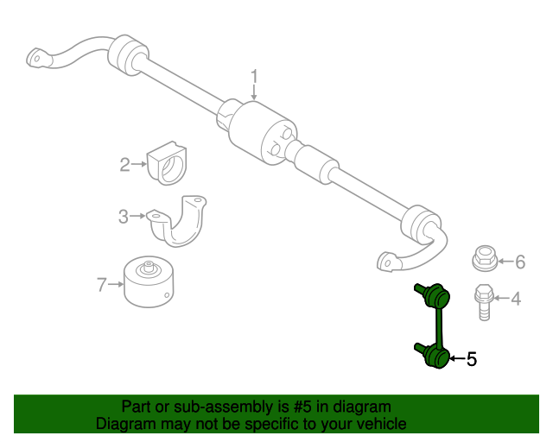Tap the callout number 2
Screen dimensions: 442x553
click(x=124, y=164)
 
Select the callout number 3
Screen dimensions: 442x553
click(x=124, y=216)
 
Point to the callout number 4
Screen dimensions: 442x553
click(x=516, y=300)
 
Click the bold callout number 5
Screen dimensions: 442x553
click(x=471, y=359)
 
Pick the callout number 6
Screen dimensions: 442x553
click(x=520, y=261)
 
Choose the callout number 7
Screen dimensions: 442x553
click(x=101, y=282)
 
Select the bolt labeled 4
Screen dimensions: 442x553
click(x=483, y=301)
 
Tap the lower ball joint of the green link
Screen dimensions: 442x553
click(x=437, y=356)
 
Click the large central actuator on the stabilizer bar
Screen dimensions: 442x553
click(x=263, y=132)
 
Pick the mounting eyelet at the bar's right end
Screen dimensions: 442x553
click(x=386, y=259)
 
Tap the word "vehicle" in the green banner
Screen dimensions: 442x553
click(x=380, y=424)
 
